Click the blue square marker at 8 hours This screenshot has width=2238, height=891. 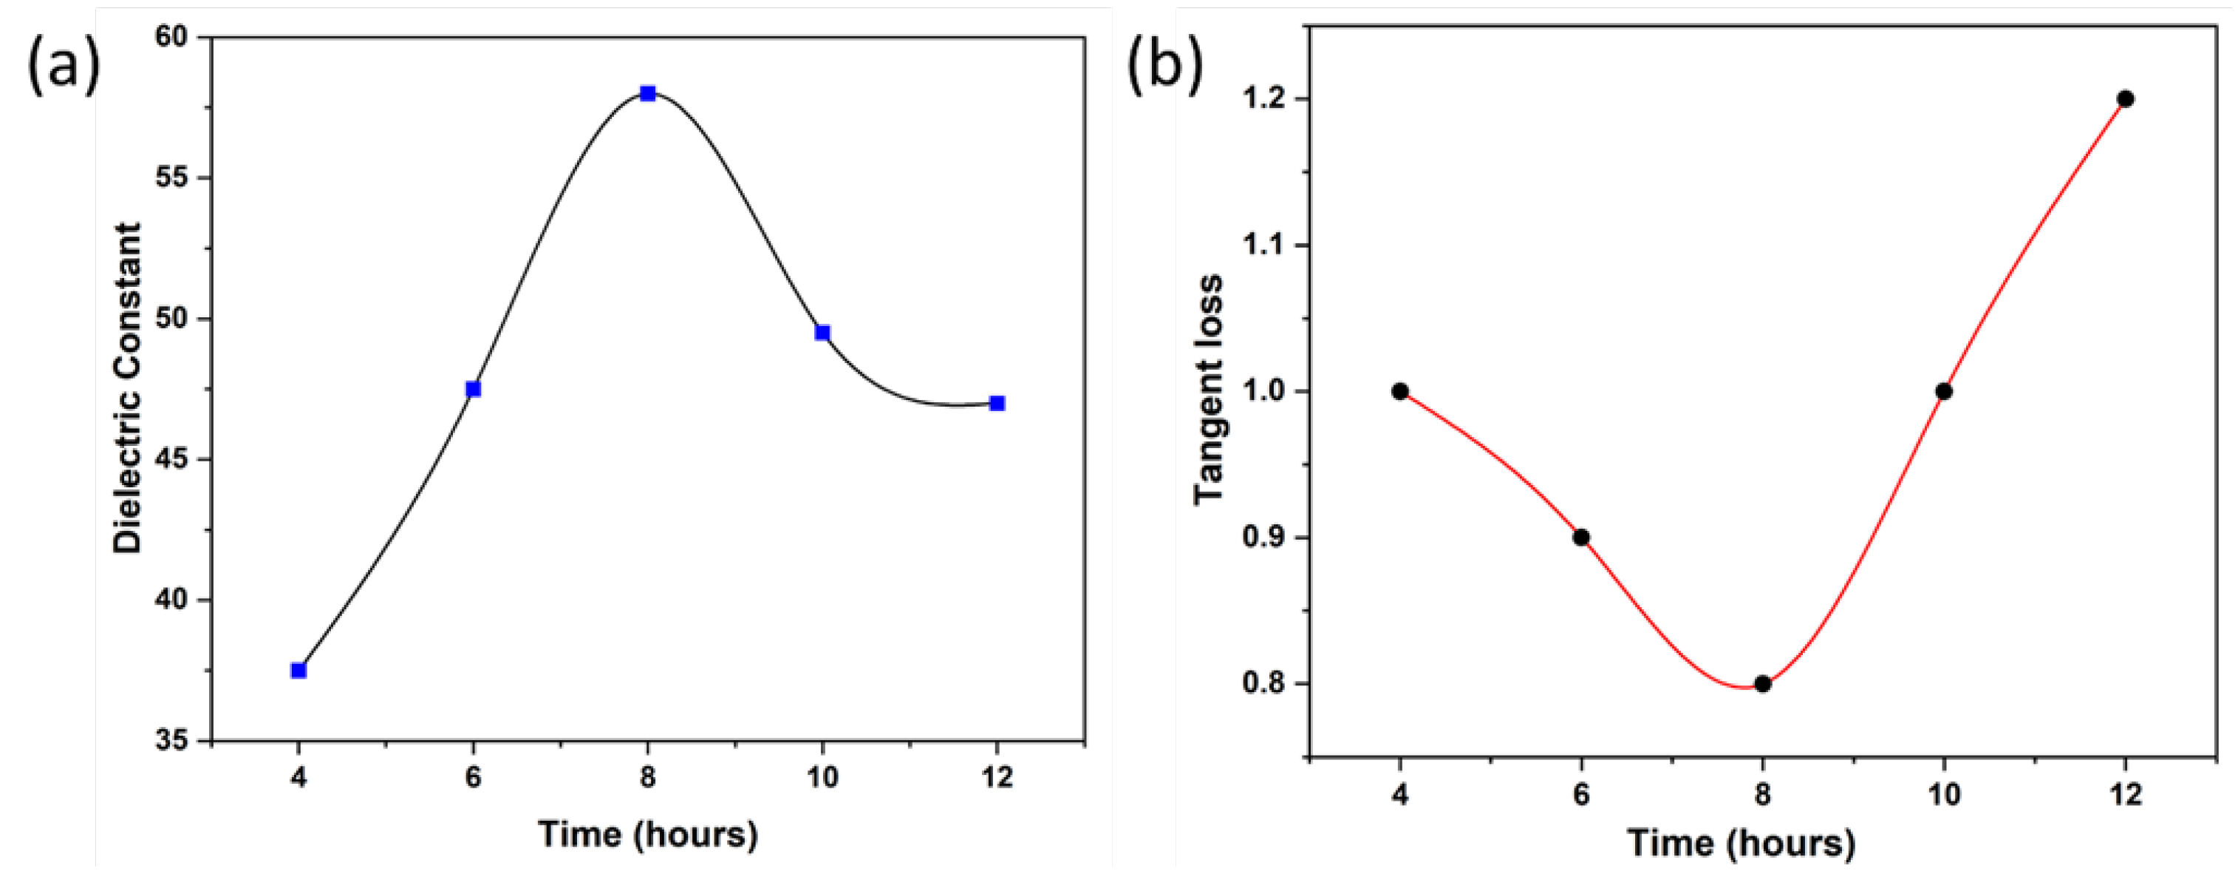click(x=648, y=94)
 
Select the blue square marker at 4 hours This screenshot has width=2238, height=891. click(x=298, y=670)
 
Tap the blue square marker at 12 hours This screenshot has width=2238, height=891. click(x=997, y=403)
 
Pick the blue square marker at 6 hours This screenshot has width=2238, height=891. click(x=473, y=388)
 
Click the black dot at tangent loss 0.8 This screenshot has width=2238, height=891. click(x=1763, y=684)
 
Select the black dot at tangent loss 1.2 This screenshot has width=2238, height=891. click(x=2126, y=99)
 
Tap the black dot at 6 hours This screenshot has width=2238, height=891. click(x=1581, y=538)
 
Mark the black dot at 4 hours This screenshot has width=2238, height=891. click(x=1399, y=391)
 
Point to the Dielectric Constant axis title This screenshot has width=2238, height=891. click(x=128, y=387)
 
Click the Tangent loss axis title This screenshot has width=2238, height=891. click(x=1209, y=388)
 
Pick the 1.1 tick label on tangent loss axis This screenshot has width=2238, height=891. click(x=1265, y=246)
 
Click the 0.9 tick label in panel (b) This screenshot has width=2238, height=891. click(x=1265, y=538)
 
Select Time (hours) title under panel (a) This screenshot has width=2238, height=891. click(x=648, y=835)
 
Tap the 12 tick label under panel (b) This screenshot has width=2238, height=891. click(x=2126, y=795)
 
